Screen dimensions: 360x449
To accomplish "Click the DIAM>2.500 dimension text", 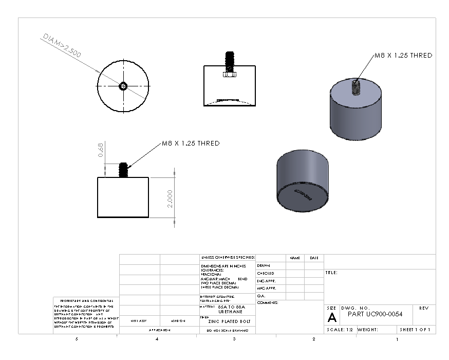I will pyautogui.click(x=62, y=47).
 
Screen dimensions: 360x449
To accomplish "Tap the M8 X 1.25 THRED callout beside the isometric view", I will pyautogui.click(x=402, y=56).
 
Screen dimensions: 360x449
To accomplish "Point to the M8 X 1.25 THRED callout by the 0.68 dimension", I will pyautogui.click(x=191, y=143).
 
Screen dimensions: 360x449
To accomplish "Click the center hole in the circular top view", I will pyautogui.click(x=123, y=86).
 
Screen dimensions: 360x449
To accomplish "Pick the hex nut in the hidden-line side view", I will pyautogui.click(x=229, y=75).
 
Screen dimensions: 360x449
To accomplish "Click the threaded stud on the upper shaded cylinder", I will pyautogui.click(x=355, y=88).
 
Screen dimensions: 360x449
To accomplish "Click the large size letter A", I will pyautogui.click(x=332, y=317).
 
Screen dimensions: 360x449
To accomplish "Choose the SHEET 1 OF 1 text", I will pyautogui.click(x=415, y=330).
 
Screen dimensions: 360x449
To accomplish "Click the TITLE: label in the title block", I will pyautogui.click(x=331, y=273).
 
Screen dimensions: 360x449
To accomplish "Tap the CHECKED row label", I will pyautogui.click(x=266, y=273).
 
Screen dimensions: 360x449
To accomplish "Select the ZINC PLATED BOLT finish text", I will pyautogui.click(x=226, y=321).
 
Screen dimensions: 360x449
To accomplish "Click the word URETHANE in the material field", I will pyautogui.click(x=228, y=312).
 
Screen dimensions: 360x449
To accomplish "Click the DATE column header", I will pyautogui.click(x=314, y=258).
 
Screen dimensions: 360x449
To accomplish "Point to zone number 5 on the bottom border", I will pyautogui.click(x=77, y=339).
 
